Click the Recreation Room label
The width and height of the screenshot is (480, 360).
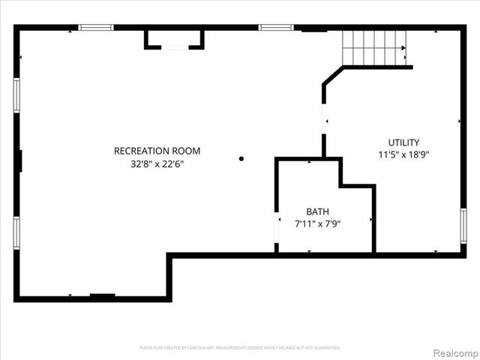coord(157,151)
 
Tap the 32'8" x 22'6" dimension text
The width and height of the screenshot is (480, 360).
coord(157,163)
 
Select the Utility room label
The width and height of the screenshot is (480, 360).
coord(403,142)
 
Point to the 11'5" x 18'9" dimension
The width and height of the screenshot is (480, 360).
coord(403,154)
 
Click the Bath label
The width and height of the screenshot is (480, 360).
coord(317,211)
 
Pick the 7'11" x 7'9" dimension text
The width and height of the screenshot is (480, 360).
coord(317,223)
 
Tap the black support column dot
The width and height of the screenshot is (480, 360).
coord(241,158)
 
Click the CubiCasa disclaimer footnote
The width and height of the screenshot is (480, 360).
coord(240,348)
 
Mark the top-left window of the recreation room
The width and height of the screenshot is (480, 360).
coord(96,28)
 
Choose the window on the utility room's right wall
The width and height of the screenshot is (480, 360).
coord(463,226)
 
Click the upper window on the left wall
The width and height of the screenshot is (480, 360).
coord(16,95)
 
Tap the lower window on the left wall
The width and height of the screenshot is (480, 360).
coord(16,233)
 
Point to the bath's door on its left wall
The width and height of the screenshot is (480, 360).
coord(277,233)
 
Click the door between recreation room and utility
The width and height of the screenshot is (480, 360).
coord(324,119)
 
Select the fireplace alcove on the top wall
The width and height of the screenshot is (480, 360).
coord(174,39)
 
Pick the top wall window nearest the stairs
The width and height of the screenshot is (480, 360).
coord(276,28)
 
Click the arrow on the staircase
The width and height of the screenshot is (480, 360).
coord(403,49)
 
